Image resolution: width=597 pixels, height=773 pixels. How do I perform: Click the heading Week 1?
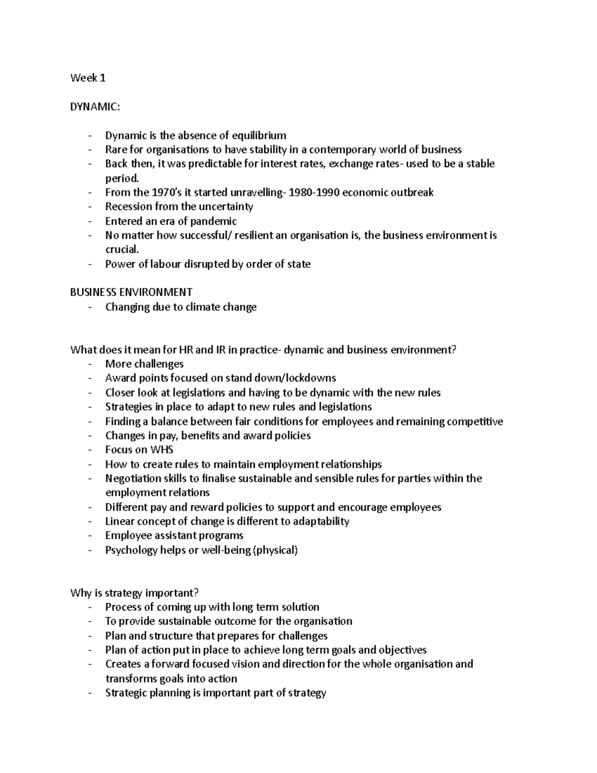click(x=88, y=78)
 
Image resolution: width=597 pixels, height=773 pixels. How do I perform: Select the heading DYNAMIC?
click(x=95, y=107)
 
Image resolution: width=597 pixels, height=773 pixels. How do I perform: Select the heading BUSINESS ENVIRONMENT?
click(x=131, y=292)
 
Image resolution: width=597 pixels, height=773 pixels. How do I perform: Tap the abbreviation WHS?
click(x=161, y=450)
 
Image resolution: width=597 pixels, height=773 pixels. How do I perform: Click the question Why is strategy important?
click(x=134, y=593)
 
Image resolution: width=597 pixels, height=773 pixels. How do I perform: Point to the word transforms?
click(x=131, y=679)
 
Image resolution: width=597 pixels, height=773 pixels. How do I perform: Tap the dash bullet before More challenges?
click(x=90, y=364)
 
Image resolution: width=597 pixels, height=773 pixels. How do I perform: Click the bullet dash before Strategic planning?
click(x=90, y=693)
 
